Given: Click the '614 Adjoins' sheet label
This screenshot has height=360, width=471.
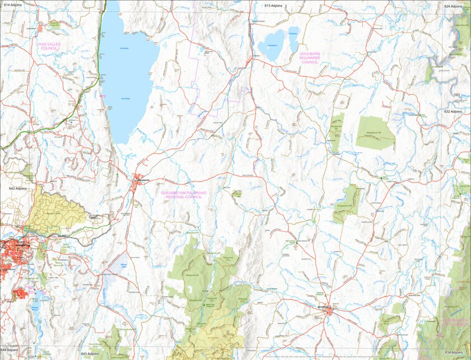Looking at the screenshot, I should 12,5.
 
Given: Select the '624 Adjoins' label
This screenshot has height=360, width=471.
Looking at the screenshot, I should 454,6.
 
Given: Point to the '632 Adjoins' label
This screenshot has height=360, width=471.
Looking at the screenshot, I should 454,111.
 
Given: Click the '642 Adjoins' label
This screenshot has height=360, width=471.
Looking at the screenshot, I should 10,189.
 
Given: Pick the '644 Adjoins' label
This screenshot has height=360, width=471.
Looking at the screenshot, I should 10,349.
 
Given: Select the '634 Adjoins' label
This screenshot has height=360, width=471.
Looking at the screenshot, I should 454,353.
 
